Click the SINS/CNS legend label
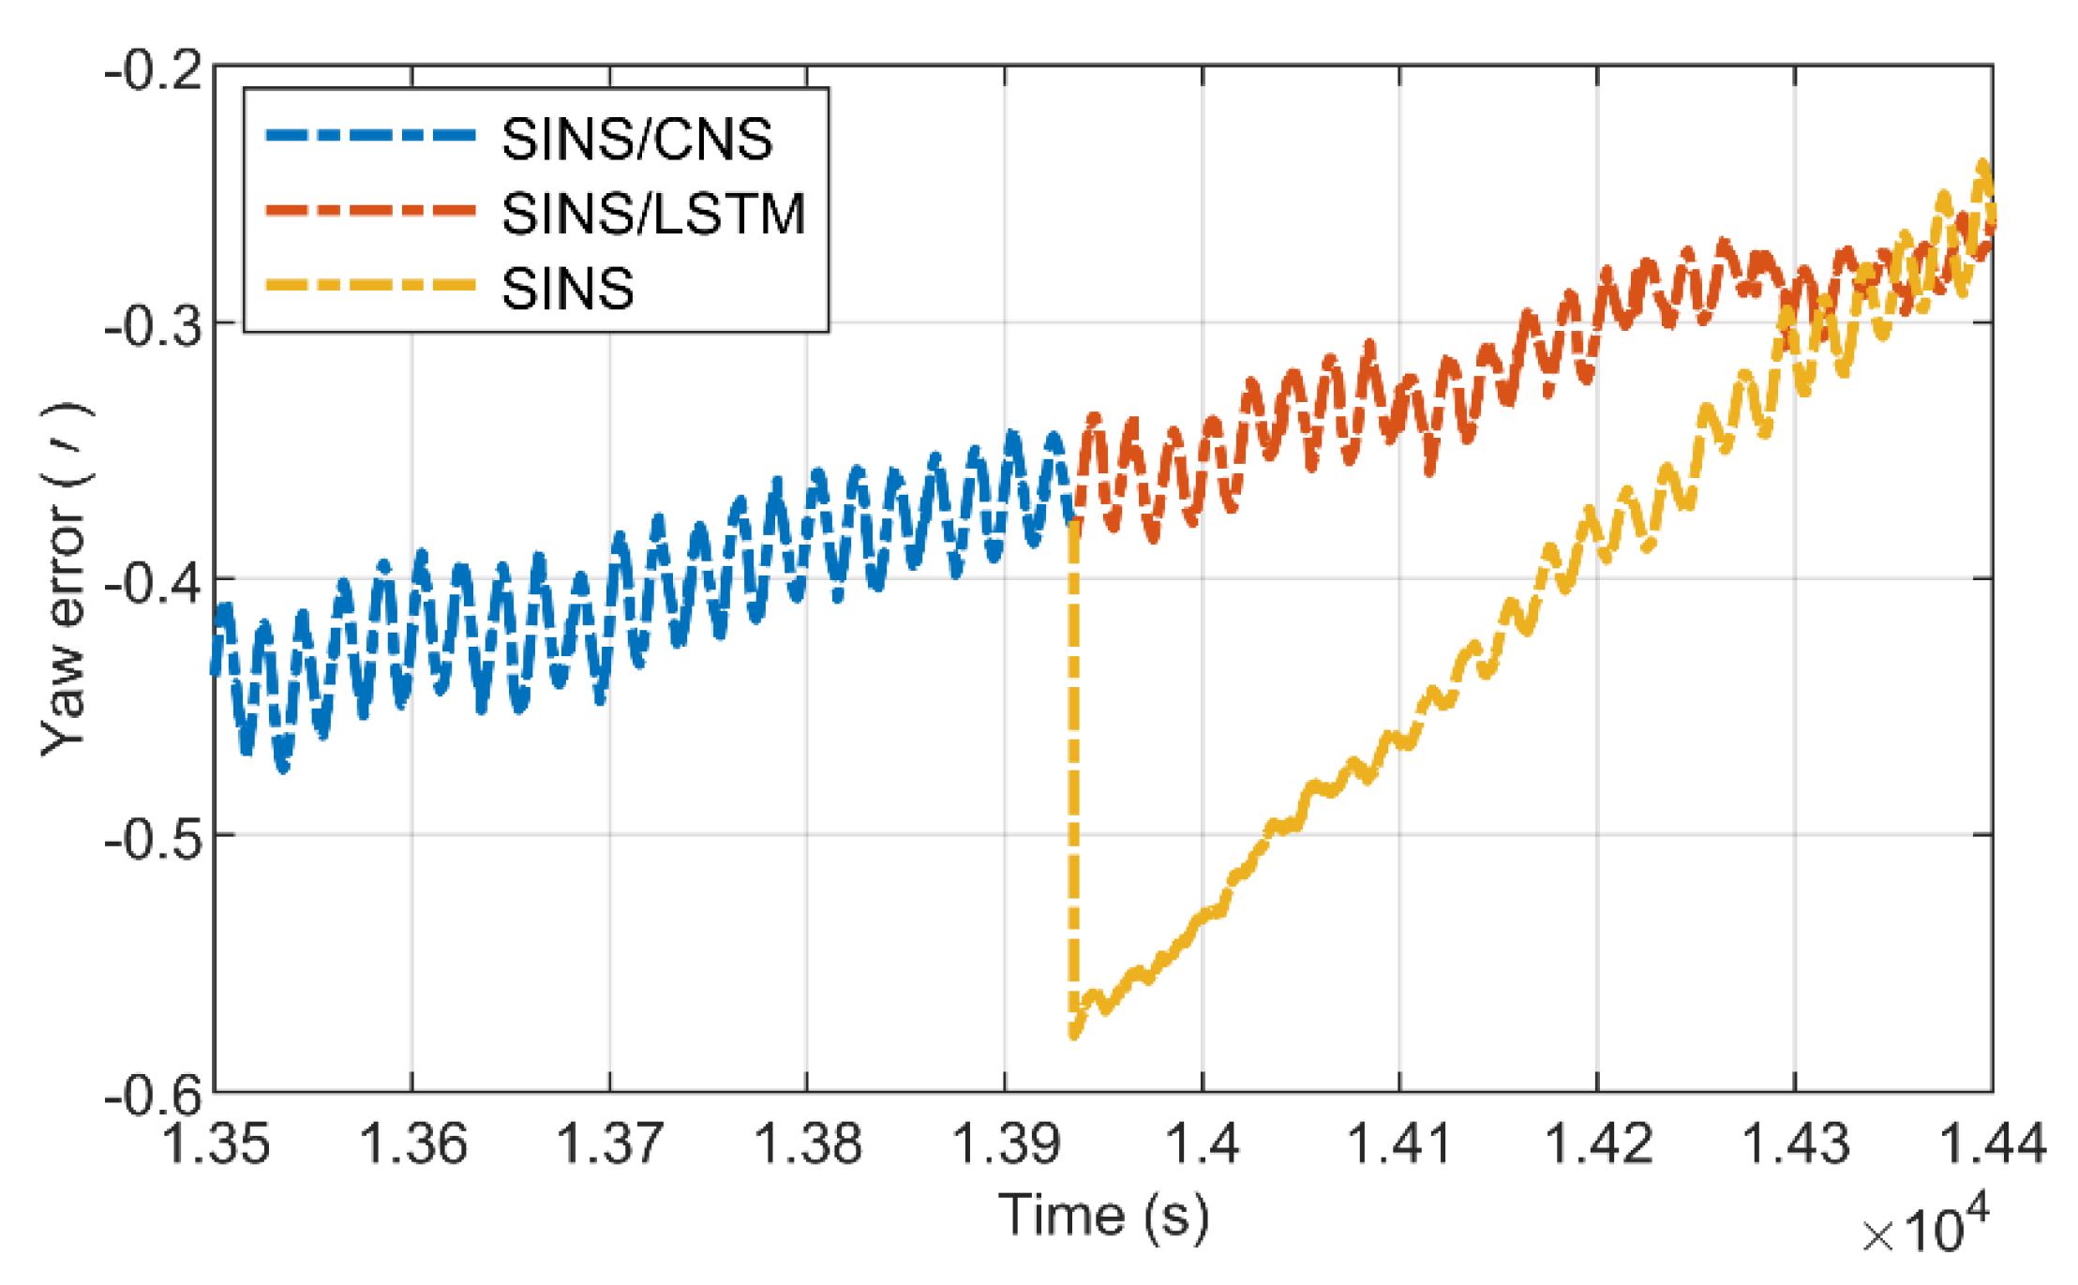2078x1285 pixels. tap(637, 140)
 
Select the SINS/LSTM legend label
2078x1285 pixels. tap(653, 214)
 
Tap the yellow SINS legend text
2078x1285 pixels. tap(568, 288)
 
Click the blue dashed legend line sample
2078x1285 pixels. tap(371, 136)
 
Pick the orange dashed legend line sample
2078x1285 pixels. tap(371, 210)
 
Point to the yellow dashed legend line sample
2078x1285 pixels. tap(371, 284)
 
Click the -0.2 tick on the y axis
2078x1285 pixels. tap(153, 70)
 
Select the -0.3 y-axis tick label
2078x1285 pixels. tap(153, 326)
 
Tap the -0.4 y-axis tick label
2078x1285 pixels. tap(153, 583)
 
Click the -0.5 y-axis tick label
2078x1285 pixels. tap(153, 839)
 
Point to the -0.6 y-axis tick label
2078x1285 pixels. tap(153, 1094)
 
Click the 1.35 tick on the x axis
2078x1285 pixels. tap(217, 1144)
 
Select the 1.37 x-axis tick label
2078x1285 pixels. tap(610, 1144)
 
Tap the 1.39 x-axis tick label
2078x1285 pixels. tap(1006, 1144)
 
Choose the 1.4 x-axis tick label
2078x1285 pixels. tap(1203, 1144)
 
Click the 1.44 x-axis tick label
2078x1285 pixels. tap(1991, 1144)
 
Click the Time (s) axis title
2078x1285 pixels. tap(1103, 1216)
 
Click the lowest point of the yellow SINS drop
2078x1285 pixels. tap(1074, 1035)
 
